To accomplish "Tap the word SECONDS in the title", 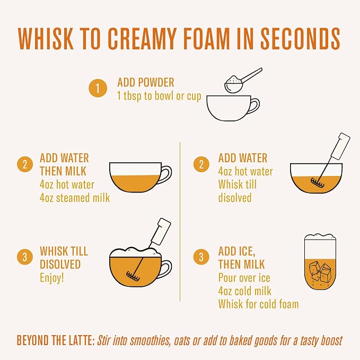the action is pos(300,38).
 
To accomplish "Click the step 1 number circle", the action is pos(98,88).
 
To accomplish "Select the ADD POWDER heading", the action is pos(146,82).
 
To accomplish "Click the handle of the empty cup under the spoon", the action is pos(256,106).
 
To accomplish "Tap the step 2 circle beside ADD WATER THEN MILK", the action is pos(25,164).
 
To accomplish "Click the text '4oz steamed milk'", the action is pos(75,198).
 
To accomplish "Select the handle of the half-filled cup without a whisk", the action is pos(166,174).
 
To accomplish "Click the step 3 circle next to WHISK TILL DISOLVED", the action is pos(25,257).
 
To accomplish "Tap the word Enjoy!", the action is pos(51,278).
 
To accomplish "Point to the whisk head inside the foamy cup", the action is pos(132,276).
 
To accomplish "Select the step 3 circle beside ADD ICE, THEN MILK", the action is pos(201,257).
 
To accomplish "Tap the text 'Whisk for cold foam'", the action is pos(259,304).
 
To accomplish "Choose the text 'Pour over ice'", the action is pos(244,278).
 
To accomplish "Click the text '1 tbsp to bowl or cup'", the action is pos(159,96).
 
